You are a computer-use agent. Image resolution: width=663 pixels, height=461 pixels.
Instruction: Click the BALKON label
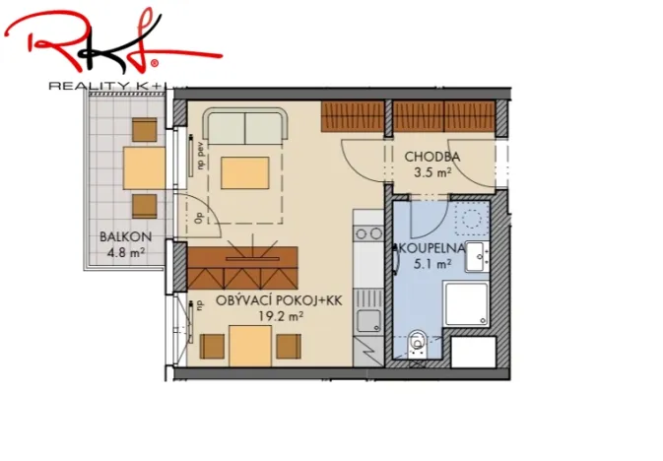tap(124, 236)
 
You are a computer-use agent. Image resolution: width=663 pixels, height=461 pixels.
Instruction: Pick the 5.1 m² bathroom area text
tap(433, 263)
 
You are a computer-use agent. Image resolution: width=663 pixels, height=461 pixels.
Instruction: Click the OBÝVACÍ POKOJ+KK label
tap(279, 301)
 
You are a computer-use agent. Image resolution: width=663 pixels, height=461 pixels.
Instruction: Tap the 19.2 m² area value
tap(280, 316)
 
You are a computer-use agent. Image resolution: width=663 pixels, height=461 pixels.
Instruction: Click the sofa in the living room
tap(245, 126)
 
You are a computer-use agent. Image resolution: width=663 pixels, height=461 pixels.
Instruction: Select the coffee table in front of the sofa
tap(244, 173)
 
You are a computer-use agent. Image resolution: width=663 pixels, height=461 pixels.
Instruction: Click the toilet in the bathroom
tap(418, 342)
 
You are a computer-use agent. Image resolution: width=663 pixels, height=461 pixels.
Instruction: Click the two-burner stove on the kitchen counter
tap(368, 233)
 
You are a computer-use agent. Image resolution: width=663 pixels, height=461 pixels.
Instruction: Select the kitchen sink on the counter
tap(367, 318)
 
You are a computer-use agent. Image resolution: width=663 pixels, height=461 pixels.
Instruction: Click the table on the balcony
tap(144, 168)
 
